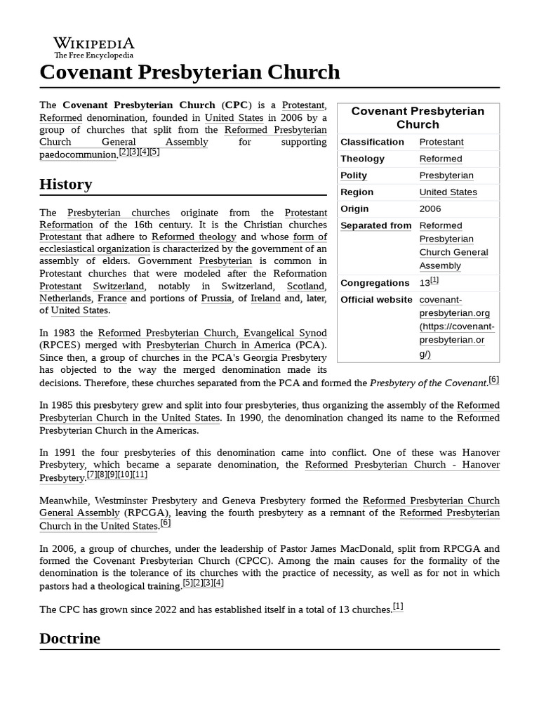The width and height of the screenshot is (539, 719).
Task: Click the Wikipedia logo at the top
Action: click(x=94, y=47)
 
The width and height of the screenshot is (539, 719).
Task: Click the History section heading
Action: click(x=66, y=184)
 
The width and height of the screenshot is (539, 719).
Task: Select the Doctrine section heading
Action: click(x=69, y=638)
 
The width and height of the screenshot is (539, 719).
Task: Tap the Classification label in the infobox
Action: click(x=372, y=142)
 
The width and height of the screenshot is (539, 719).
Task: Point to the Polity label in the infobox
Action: click(x=354, y=176)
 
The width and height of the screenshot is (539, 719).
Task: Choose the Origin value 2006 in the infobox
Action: click(x=430, y=209)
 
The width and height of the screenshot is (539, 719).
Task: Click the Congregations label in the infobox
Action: click(x=375, y=283)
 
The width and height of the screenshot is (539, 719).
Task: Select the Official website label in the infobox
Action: click(x=376, y=300)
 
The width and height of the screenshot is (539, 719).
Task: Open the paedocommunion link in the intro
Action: click(x=78, y=154)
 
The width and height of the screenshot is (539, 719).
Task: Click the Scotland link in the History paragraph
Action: click(x=306, y=286)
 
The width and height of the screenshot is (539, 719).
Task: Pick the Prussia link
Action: click(x=216, y=298)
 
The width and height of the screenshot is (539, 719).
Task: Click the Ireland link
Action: click(x=265, y=298)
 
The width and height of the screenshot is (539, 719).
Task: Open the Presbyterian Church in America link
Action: click(x=218, y=345)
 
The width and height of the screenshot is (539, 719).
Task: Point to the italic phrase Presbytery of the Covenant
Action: click(x=428, y=383)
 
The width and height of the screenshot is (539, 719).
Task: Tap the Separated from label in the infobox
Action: click(x=376, y=226)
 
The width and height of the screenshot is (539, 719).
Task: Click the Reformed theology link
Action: click(x=194, y=237)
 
